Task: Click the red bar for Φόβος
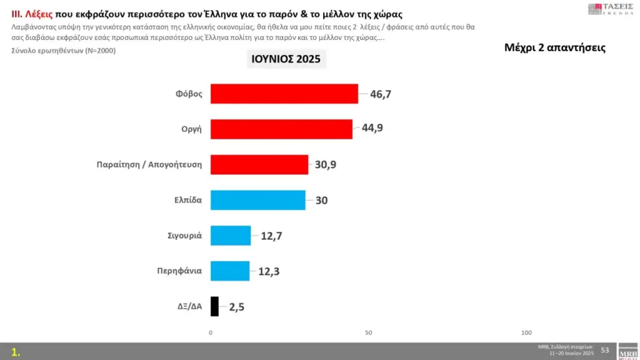[x=284, y=94]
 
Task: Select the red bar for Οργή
[x=281, y=129]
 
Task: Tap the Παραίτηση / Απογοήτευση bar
[x=259, y=164]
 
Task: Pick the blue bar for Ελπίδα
[x=258, y=200]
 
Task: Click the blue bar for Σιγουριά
[x=231, y=236]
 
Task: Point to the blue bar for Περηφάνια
[x=230, y=271]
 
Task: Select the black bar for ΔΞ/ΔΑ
[x=214, y=306]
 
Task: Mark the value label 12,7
[x=271, y=236]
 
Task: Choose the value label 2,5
[x=236, y=307]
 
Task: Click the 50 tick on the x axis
[x=369, y=332]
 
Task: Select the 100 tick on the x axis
[x=526, y=332]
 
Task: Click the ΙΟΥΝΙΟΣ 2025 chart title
[x=285, y=60]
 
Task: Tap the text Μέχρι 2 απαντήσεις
[x=554, y=48]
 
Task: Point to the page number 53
[x=604, y=349]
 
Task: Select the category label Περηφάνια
[x=179, y=271]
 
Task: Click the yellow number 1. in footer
[x=16, y=352]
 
